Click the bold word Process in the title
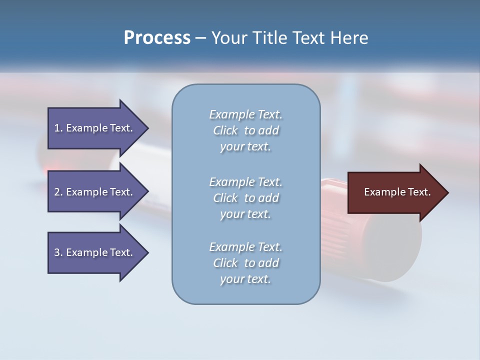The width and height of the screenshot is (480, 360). [157, 38]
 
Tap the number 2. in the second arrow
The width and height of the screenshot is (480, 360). [58, 192]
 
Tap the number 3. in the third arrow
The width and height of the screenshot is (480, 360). [58, 252]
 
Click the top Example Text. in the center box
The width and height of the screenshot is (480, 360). [245, 114]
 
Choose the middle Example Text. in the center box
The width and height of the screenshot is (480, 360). [245, 182]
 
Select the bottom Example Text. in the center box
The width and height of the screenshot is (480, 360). [245, 247]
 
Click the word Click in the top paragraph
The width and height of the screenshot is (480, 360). [225, 130]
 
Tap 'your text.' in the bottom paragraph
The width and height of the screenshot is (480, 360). [245, 279]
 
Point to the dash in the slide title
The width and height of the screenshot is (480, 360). [201, 38]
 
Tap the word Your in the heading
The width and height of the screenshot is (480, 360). [229, 38]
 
